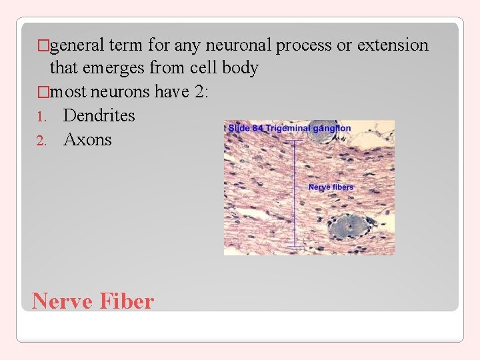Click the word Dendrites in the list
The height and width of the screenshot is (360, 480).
coord(99,116)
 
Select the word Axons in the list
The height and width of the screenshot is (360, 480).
coord(87,140)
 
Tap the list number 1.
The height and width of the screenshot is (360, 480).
coord(41,117)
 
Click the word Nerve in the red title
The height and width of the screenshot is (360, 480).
coord(62,301)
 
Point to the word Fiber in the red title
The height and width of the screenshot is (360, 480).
coord(127,301)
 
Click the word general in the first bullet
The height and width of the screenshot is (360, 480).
coord(77,45)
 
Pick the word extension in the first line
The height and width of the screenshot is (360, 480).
coord(393,45)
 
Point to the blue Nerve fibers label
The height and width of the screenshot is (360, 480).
coord(331,187)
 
